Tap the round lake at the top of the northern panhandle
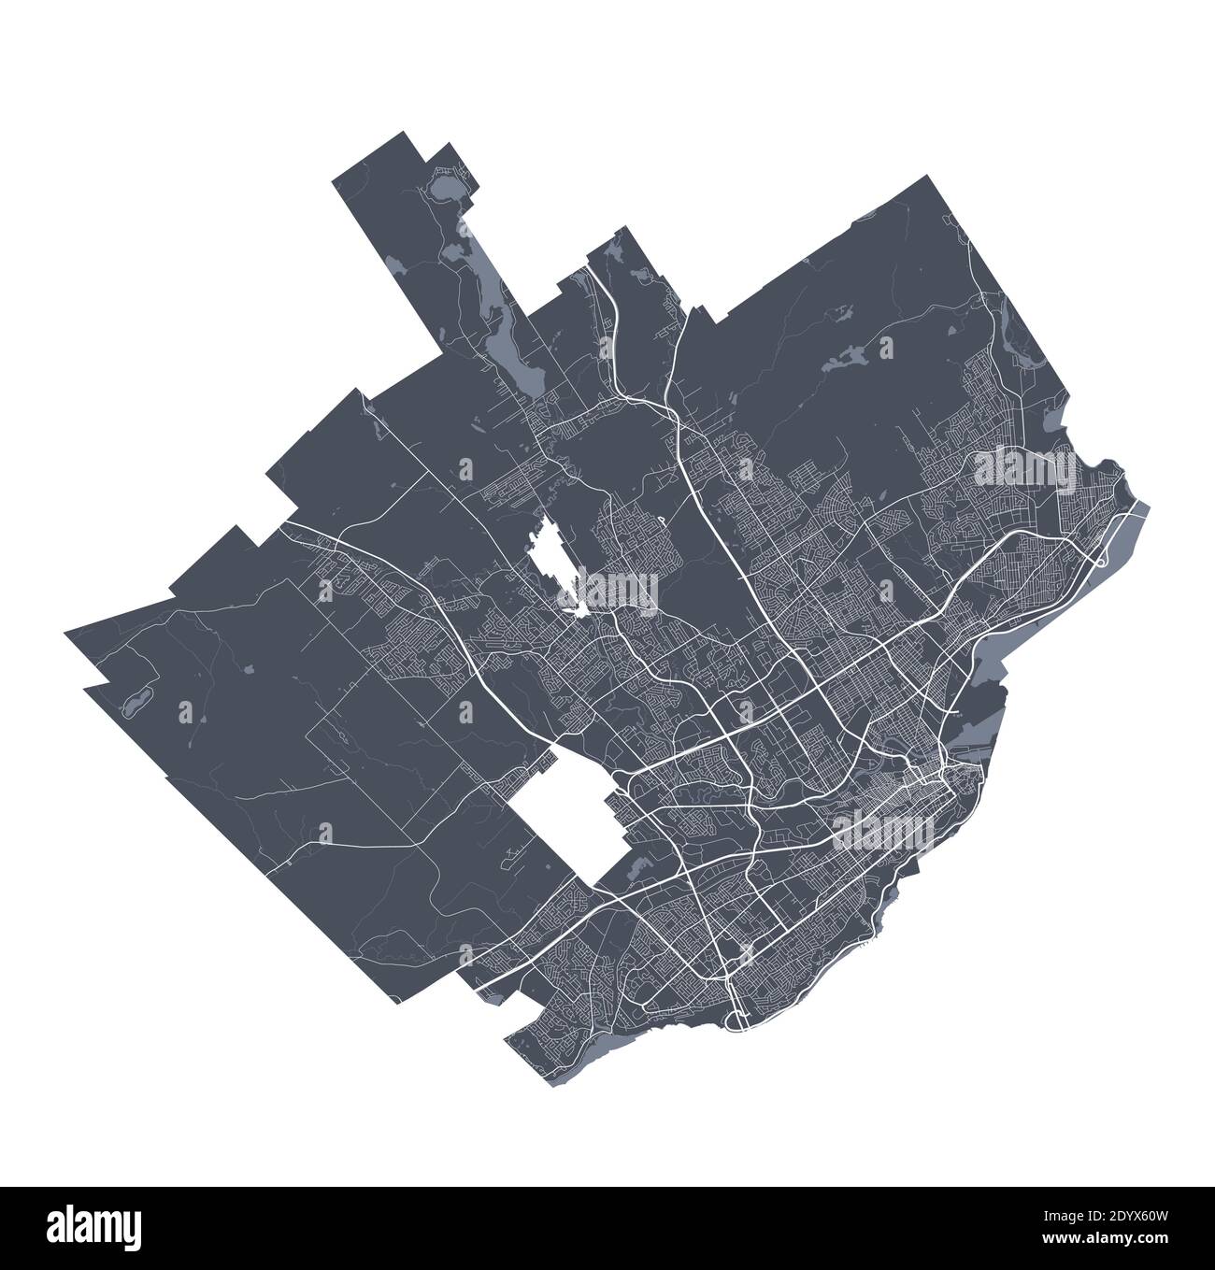point(443,193)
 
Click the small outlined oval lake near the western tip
point(135,699)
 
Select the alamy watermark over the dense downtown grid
point(883,827)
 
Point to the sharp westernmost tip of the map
point(66,635)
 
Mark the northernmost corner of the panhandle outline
point(407,134)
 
